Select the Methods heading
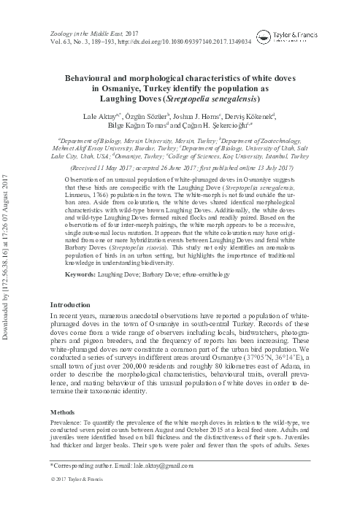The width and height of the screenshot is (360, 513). point(62,412)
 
